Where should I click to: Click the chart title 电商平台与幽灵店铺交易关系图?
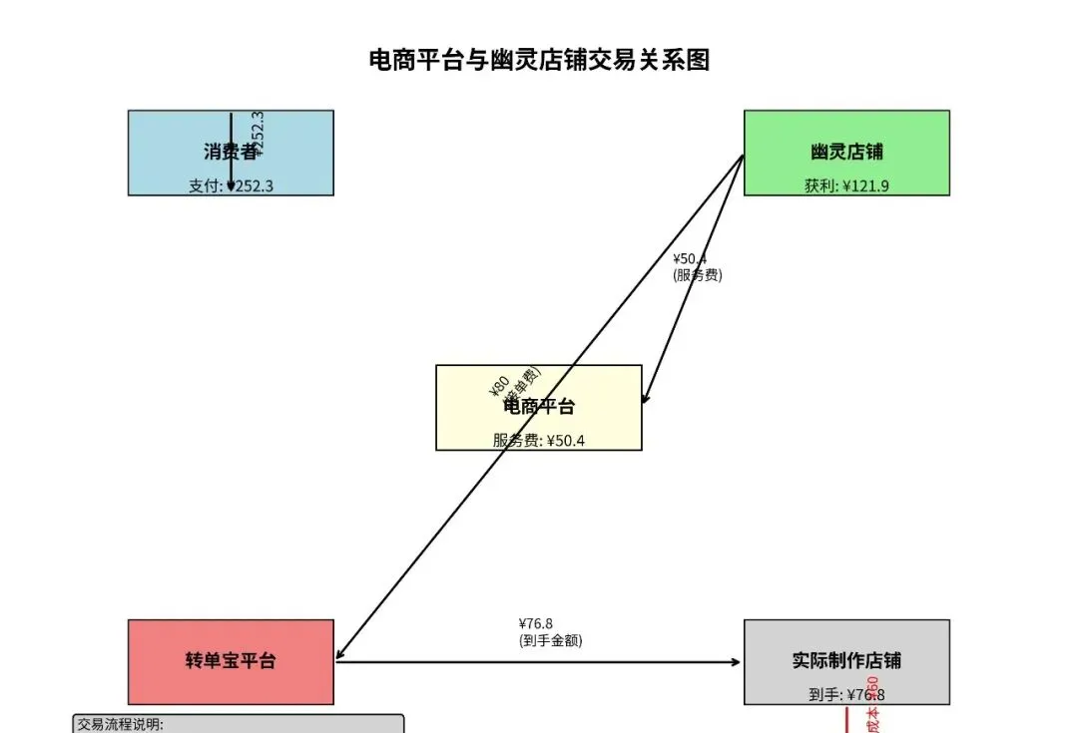click(x=539, y=60)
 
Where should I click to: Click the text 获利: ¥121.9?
click(x=846, y=185)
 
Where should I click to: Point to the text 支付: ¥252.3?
click(x=231, y=185)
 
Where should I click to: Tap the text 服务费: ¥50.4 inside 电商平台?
click(x=539, y=440)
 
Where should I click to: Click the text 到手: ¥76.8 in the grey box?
click(x=846, y=695)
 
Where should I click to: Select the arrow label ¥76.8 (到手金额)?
click(x=550, y=632)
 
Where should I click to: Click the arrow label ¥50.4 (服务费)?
click(x=697, y=267)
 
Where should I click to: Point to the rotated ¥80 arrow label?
click(x=499, y=385)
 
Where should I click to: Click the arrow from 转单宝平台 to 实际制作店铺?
click(x=539, y=661)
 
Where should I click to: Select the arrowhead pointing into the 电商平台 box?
click(x=645, y=398)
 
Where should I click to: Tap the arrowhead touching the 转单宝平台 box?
click(x=339, y=656)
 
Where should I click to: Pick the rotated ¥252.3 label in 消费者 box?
click(x=259, y=134)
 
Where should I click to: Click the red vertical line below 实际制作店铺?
click(x=846, y=720)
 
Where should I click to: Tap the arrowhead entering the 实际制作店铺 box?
click(x=737, y=661)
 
